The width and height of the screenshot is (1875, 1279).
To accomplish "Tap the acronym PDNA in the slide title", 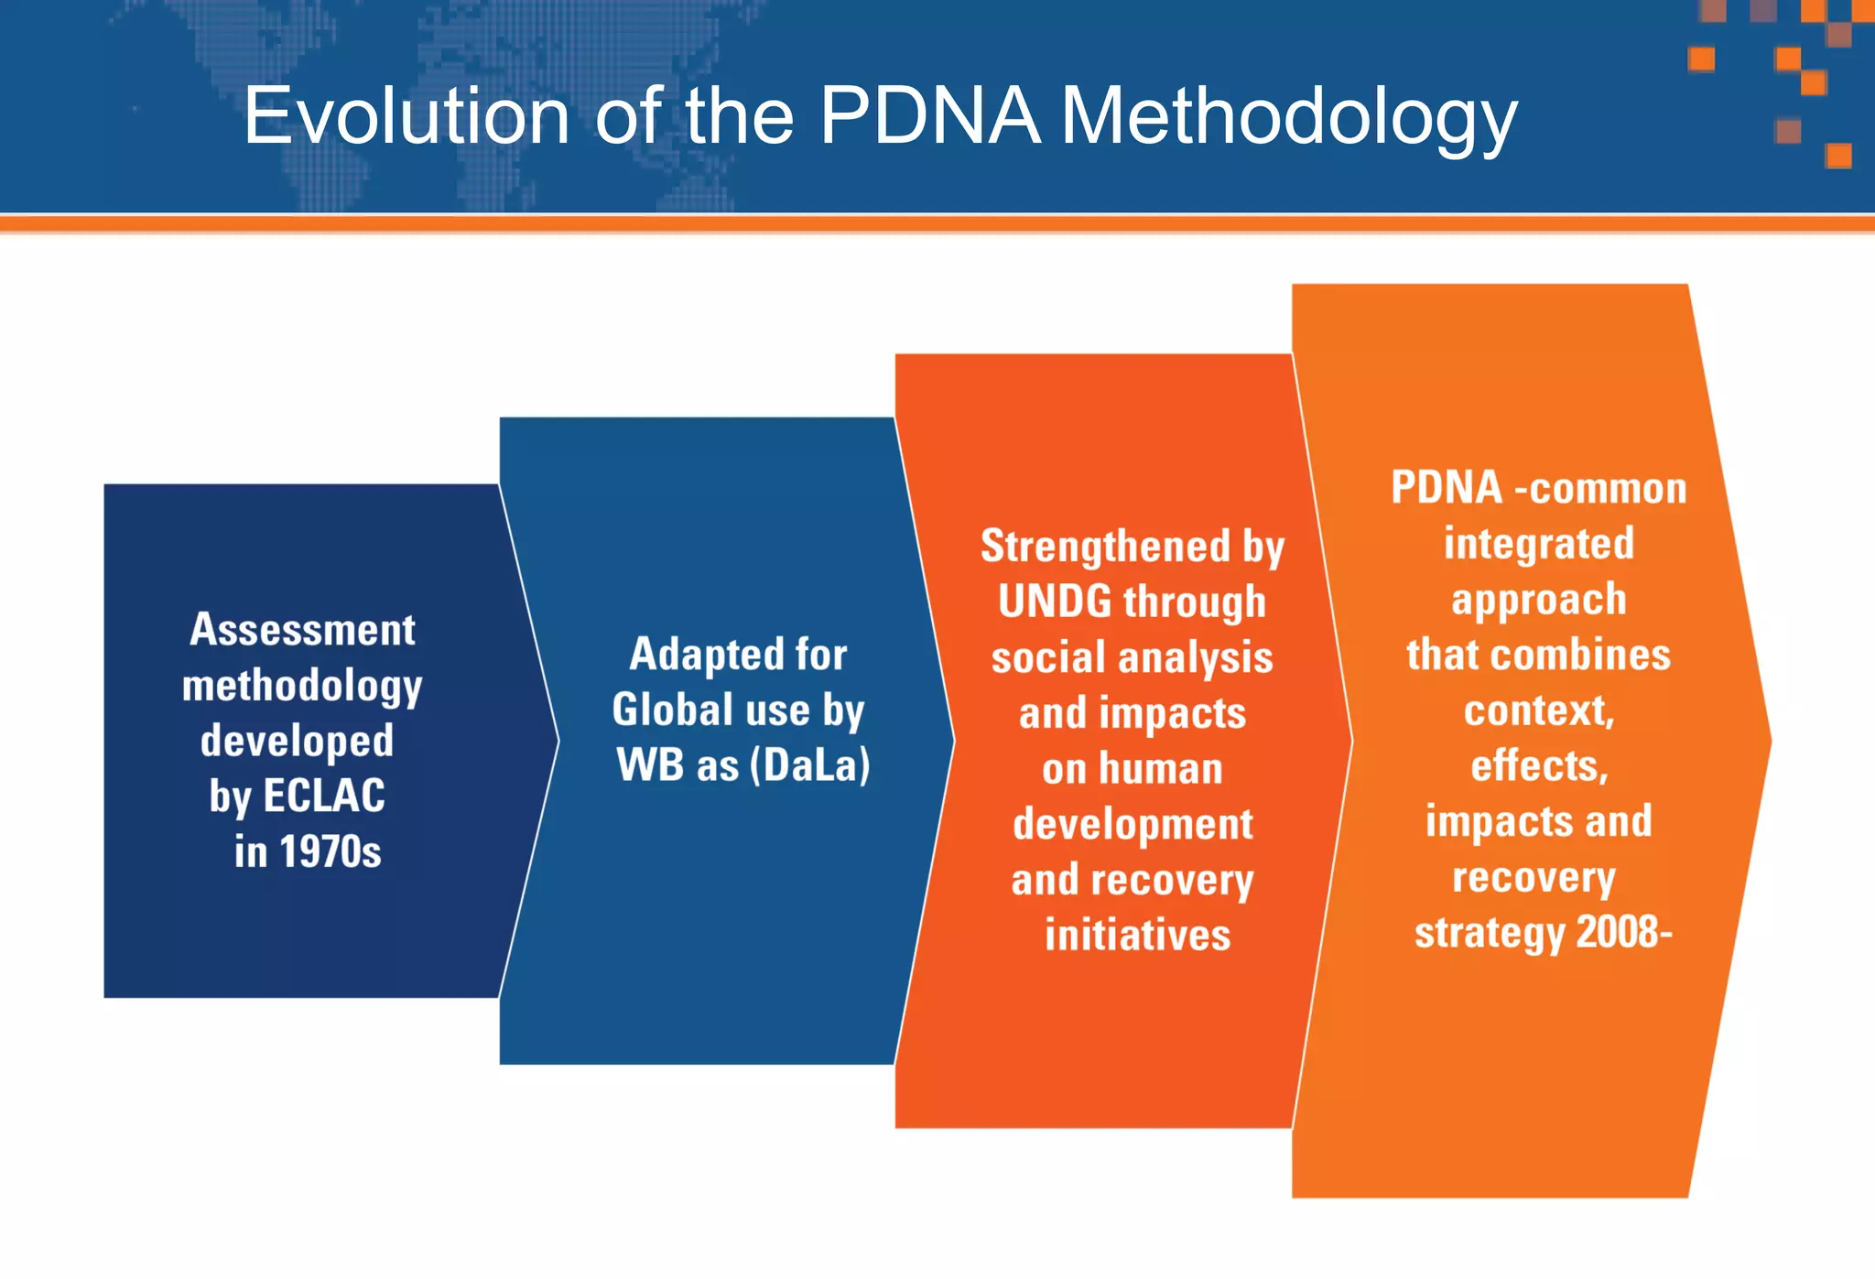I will tap(930, 116).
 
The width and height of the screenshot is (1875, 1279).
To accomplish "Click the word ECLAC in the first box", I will tap(324, 796).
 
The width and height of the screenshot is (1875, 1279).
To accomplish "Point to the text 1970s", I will tap(330, 851).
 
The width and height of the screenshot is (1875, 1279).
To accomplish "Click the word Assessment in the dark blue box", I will tap(302, 630).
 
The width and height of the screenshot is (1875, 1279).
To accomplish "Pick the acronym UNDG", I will tap(1055, 602).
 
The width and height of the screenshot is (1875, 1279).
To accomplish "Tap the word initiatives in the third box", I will tap(1138, 936).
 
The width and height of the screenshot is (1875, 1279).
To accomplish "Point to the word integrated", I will tap(1539, 544).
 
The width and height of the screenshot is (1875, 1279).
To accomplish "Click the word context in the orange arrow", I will tap(1538, 711).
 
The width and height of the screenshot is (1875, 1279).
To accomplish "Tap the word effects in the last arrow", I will tap(1539, 766).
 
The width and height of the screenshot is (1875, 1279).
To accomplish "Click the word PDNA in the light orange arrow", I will tap(1446, 488).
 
